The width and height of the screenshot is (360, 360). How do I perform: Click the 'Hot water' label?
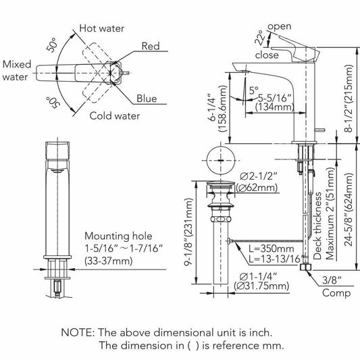point(102,28)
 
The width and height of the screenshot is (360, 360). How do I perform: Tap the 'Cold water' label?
point(115,115)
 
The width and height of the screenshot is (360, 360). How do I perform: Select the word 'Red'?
point(151,46)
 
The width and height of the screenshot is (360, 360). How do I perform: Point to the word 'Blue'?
point(147,99)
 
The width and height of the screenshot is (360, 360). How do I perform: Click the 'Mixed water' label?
point(17,70)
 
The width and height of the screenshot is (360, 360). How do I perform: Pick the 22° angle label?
point(259,38)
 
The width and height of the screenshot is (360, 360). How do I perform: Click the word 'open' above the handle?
point(280,26)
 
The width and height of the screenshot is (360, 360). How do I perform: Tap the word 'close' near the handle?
point(267,55)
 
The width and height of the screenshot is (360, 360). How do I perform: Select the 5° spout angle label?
point(254,91)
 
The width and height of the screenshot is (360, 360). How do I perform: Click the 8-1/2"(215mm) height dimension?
point(349,98)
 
